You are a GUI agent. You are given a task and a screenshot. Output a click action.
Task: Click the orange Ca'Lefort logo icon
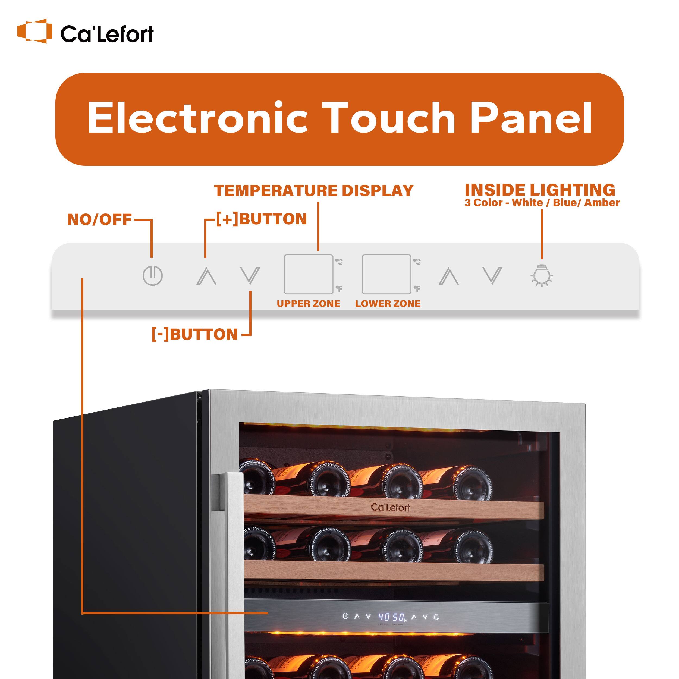34,31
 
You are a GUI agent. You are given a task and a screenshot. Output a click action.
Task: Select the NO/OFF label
99,220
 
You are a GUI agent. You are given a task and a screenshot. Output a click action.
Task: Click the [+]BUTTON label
262,219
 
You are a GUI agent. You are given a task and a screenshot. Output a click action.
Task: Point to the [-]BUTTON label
195,334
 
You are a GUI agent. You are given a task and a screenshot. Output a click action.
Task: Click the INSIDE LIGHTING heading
540,190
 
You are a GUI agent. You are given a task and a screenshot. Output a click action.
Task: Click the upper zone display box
308,274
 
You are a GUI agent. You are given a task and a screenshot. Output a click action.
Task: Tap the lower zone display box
386,274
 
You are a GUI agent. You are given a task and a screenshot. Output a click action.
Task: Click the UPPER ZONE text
308,304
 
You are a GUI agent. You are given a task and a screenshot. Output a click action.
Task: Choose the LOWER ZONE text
388,304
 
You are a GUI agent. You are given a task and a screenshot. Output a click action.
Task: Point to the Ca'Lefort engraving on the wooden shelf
390,507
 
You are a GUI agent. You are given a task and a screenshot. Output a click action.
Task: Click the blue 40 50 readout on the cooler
392,617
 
